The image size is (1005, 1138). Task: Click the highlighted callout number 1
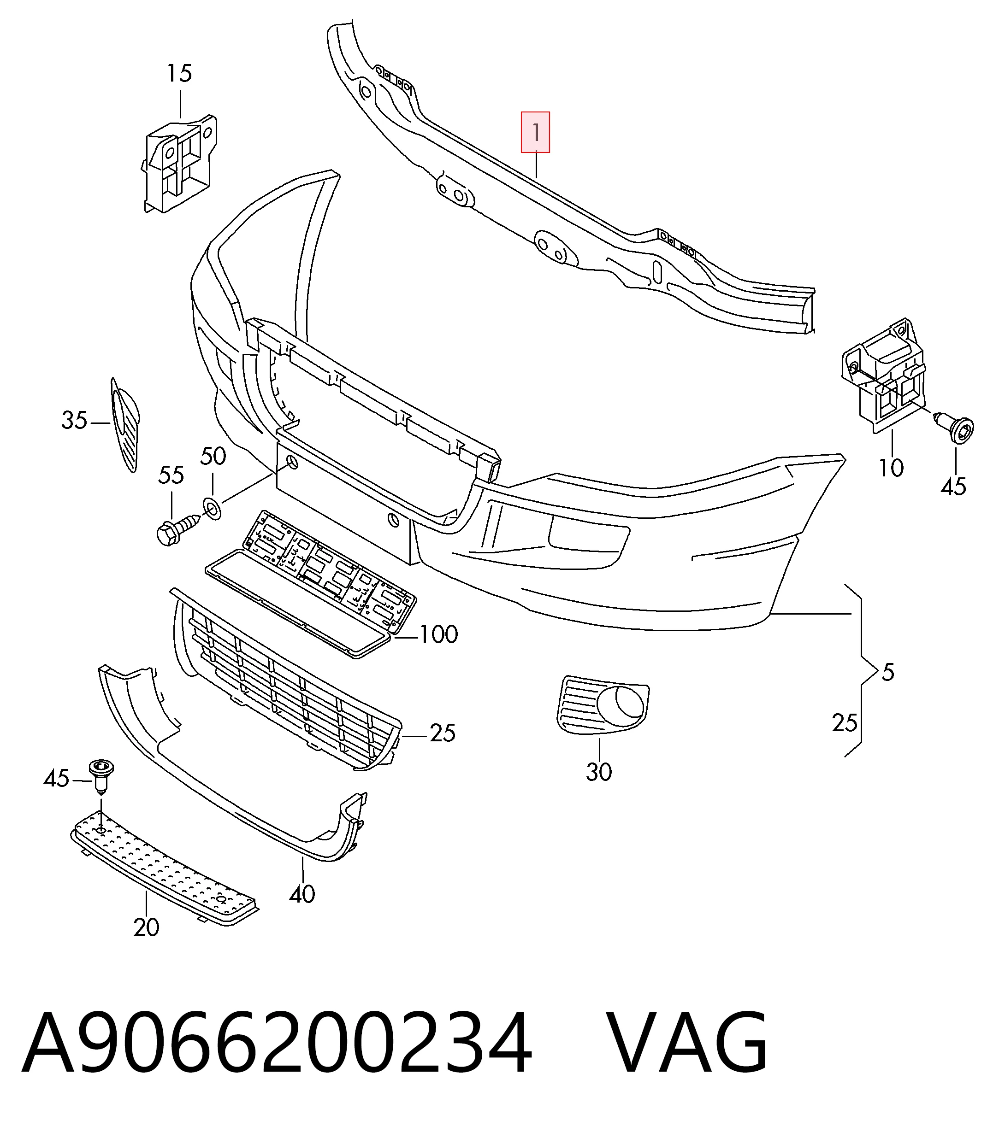pos(535,133)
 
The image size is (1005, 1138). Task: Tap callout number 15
pos(179,74)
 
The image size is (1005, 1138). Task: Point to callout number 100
pos(438,635)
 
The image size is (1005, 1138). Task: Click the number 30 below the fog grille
pos(599,772)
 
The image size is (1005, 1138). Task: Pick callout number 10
pos(891,468)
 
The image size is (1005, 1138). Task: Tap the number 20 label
pos(147,927)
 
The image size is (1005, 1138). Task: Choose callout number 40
pos(302,894)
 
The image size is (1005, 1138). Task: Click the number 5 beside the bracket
pos(888,673)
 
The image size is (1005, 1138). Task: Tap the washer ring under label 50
pos(212,508)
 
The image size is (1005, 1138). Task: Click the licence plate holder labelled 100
pos(311,584)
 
